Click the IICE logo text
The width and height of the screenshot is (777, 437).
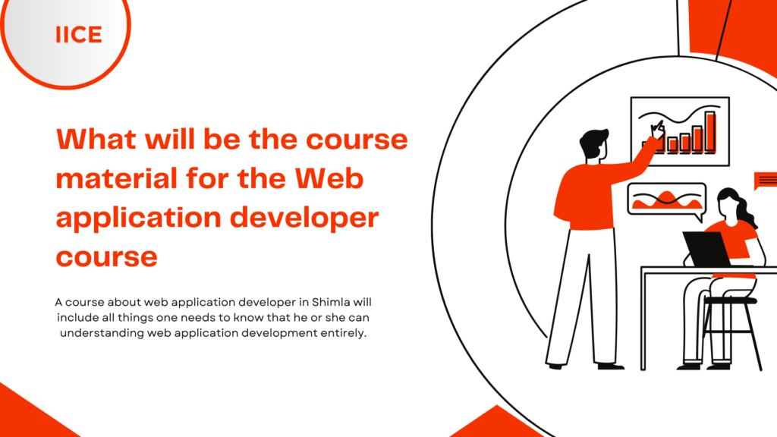[x=79, y=35]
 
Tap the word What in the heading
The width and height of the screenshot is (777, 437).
[x=96, y=139]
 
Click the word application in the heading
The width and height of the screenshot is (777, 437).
[x=139, y=218]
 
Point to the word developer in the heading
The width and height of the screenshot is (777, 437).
[x=304, y=218]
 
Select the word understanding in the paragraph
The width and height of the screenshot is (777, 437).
[x=102, y=333]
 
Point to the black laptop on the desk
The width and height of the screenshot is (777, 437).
[x=707, y=249]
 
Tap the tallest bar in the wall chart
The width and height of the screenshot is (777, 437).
[x=710, y=132]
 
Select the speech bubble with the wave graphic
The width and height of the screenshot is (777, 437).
[x=667, y=200]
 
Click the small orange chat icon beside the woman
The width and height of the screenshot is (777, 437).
[x=766, y=181]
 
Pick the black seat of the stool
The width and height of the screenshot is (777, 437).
[x=731, y=300]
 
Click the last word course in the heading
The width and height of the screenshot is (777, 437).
[x=106, y=256]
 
